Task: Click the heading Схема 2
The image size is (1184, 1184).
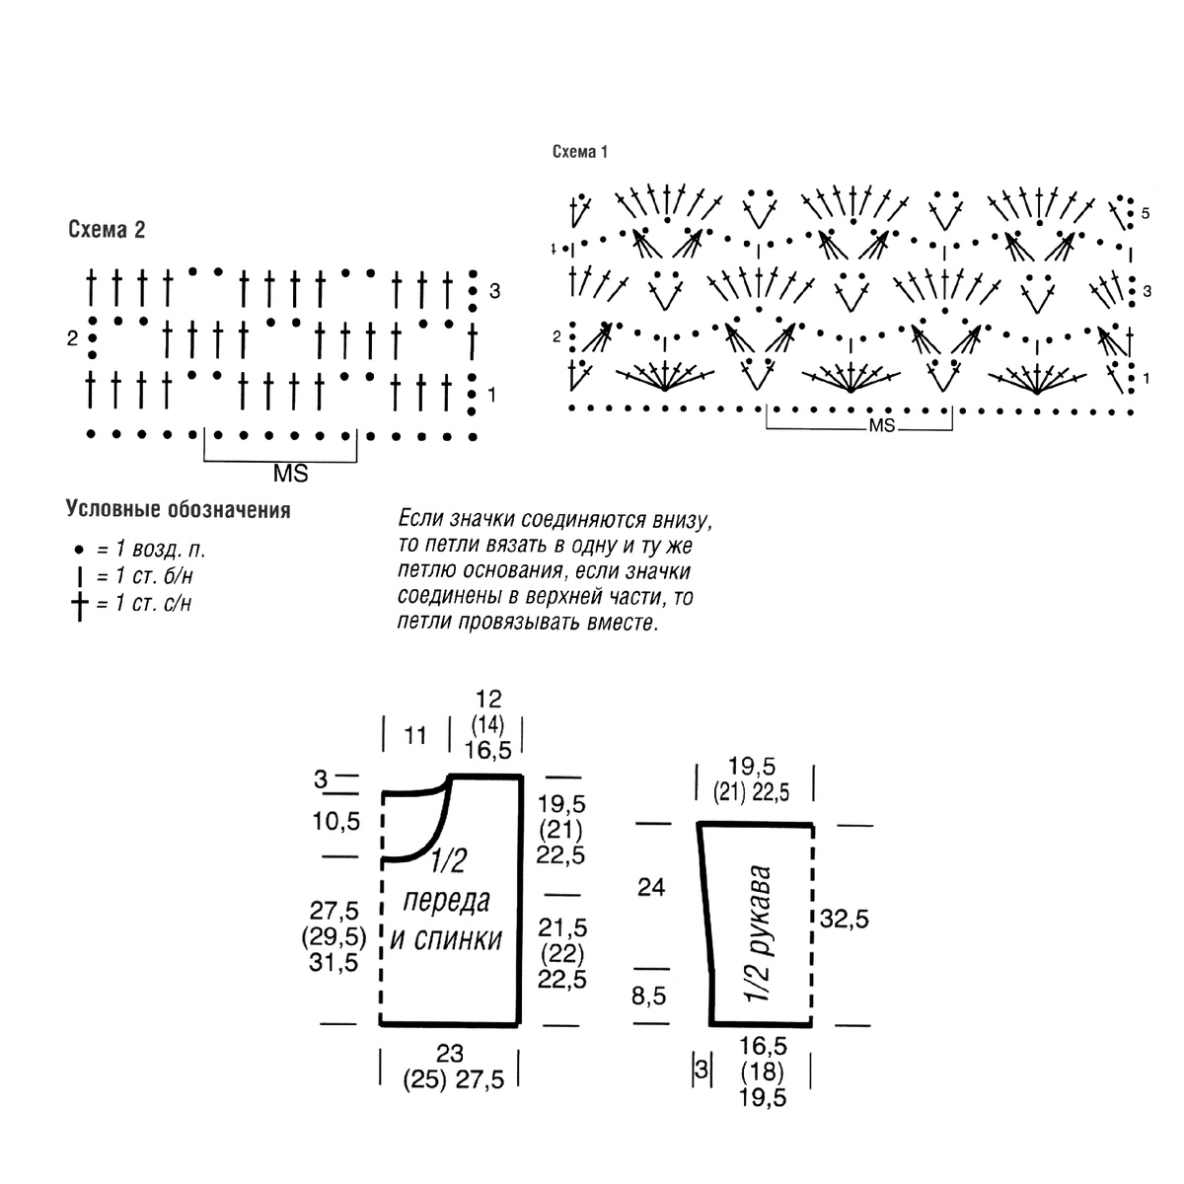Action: click(x=107, y=229)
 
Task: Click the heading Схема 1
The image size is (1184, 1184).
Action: click(x=580, y=152)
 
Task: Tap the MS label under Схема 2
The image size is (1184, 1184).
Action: click(x=291, y=474)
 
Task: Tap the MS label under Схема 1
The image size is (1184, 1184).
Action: click(x=882, y=426)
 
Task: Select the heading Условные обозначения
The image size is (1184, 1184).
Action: click(x=179, y=509)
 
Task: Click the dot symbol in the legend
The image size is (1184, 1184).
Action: click(x=79, y=550)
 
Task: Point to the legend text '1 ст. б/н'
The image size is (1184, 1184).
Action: click(x=154, y=576)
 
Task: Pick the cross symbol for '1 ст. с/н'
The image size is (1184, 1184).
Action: click(x=79, y=607)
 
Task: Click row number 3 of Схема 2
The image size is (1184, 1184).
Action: click(x=494, y=291)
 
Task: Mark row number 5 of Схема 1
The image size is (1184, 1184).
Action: click(x=1146, y=214)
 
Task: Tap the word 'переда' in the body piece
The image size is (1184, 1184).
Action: click(x=446, y=902)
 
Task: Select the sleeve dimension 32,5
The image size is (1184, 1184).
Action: click(x=845, y=920)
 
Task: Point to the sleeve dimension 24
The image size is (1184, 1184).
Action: click(x=651, y=887)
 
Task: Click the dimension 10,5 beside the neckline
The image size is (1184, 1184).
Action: click(x=336, y=821)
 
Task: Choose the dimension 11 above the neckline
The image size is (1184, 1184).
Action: click(x=415, y=735)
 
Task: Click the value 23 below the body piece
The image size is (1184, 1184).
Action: click(x=450, y=1054)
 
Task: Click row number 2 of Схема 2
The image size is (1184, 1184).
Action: click(x=72, y=338)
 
